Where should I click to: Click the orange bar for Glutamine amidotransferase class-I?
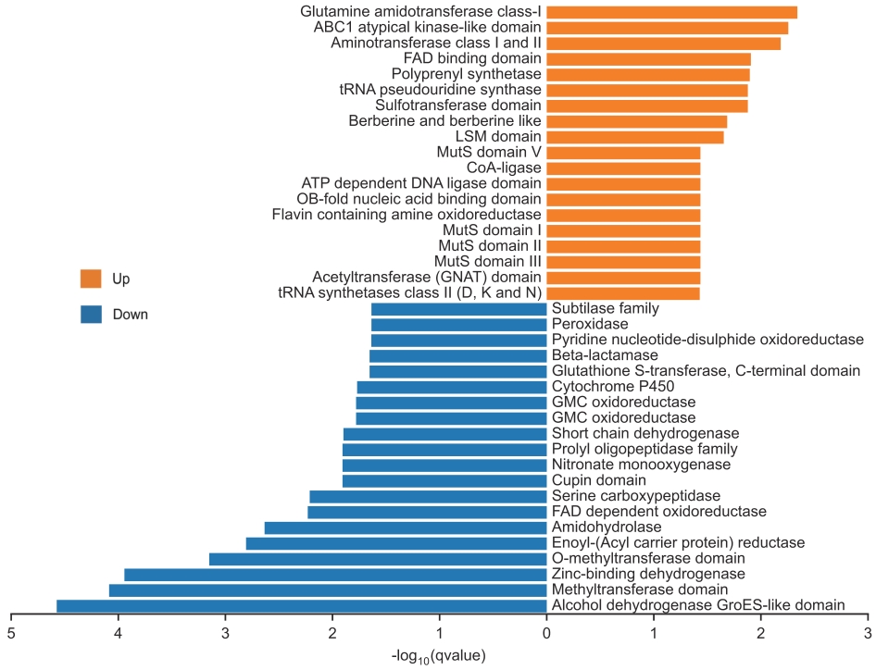[671, 12]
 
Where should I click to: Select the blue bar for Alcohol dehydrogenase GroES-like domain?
[301, 606]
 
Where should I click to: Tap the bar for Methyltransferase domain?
[328, 590]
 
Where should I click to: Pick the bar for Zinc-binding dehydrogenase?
[335, 575]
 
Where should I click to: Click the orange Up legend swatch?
[91, 279]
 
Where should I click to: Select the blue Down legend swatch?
[91, 315]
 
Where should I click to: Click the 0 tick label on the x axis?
[546, 633]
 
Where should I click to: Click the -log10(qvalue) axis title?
[439, 656]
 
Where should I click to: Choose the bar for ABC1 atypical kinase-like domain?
[667, 28]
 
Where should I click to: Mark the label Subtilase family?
[606, 308]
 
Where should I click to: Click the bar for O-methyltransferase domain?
[378, 559]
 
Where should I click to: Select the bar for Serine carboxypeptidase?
[428, 497]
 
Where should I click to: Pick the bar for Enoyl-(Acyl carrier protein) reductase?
[396, 543]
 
